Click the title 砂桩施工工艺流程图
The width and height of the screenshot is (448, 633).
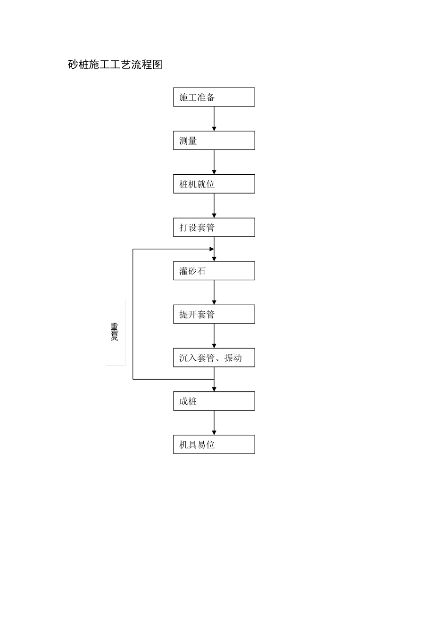(115, 65)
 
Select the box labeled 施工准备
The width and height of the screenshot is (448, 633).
(214, 97)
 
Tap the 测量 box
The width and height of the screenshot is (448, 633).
(214, 140)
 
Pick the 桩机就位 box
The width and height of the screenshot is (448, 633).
(214, 184)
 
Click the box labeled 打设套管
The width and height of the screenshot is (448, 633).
(214, 227)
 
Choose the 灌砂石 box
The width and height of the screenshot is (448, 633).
(214, 271)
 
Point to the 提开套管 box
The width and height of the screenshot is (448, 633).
(214, 314)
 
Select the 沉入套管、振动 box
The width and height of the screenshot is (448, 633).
(214, 357)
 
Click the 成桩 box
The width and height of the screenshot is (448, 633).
(214, 401)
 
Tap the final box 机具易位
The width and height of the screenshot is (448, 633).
(214, 444)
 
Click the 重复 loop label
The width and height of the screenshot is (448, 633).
(115, 332)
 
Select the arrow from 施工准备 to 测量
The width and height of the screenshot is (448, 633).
(214, 118)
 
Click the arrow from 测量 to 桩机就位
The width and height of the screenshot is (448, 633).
(214, 162)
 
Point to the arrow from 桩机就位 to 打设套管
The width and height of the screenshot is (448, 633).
(214, 205)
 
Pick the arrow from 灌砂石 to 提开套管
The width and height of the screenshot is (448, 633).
(214, 292)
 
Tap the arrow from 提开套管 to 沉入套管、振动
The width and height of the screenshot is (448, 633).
(214, 335)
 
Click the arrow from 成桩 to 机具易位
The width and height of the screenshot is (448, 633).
(214, 422)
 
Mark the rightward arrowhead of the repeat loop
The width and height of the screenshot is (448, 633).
(212, 249)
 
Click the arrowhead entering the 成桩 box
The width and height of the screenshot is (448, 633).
(214, 389)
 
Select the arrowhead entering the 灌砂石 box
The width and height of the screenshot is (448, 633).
(214, 259)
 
